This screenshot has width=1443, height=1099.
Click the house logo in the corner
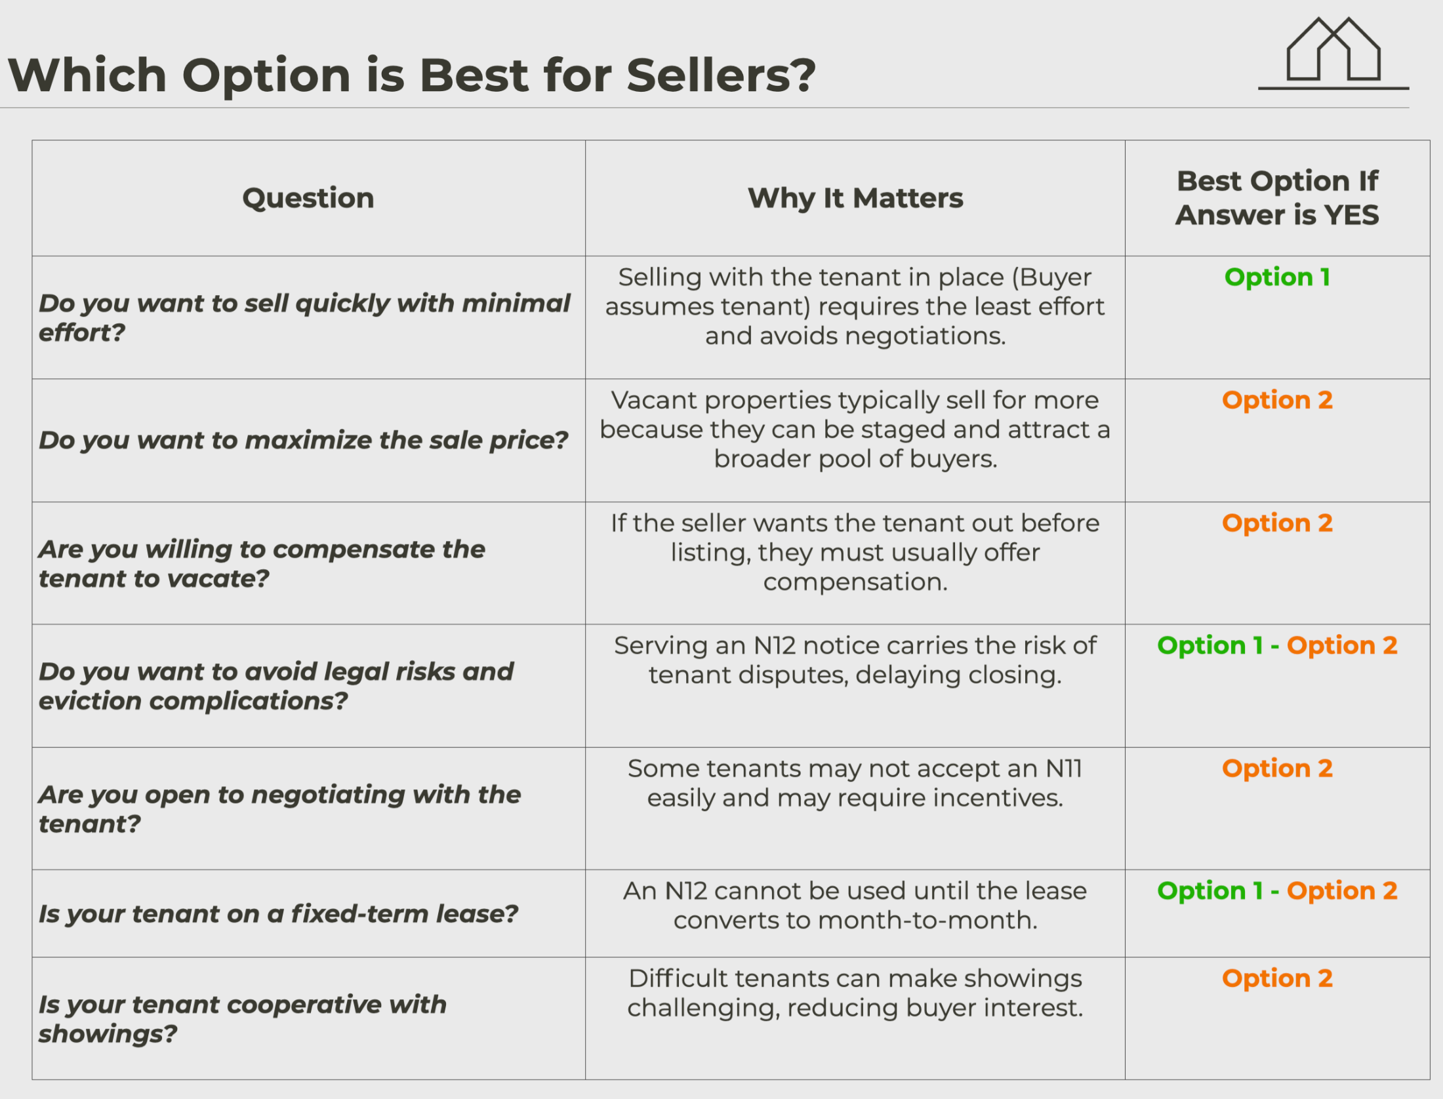point(1333,52)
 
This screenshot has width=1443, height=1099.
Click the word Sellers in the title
point(721,74)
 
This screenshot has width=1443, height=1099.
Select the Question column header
point(308,198)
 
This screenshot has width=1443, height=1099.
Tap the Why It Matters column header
point(855,198)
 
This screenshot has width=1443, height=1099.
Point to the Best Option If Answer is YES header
point(1277,198)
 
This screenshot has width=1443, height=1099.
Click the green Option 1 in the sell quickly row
point(1277,277)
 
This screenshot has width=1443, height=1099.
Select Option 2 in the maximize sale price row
point(1277,400)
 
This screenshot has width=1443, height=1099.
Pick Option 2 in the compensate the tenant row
point(1277,523)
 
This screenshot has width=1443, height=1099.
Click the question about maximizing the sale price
point(303,440)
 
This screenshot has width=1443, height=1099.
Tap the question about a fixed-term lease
point(278,913)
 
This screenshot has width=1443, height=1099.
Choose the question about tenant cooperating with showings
point(242,1018)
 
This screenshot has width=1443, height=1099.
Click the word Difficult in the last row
point(678,978)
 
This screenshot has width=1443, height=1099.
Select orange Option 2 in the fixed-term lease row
point(1342,891)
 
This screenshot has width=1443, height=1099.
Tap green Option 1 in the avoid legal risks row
point(1210,646)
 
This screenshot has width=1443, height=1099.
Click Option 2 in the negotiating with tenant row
point(1277,769)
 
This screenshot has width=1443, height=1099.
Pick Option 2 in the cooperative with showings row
point(1277,978)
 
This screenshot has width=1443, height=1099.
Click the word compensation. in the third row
point(855,582)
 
